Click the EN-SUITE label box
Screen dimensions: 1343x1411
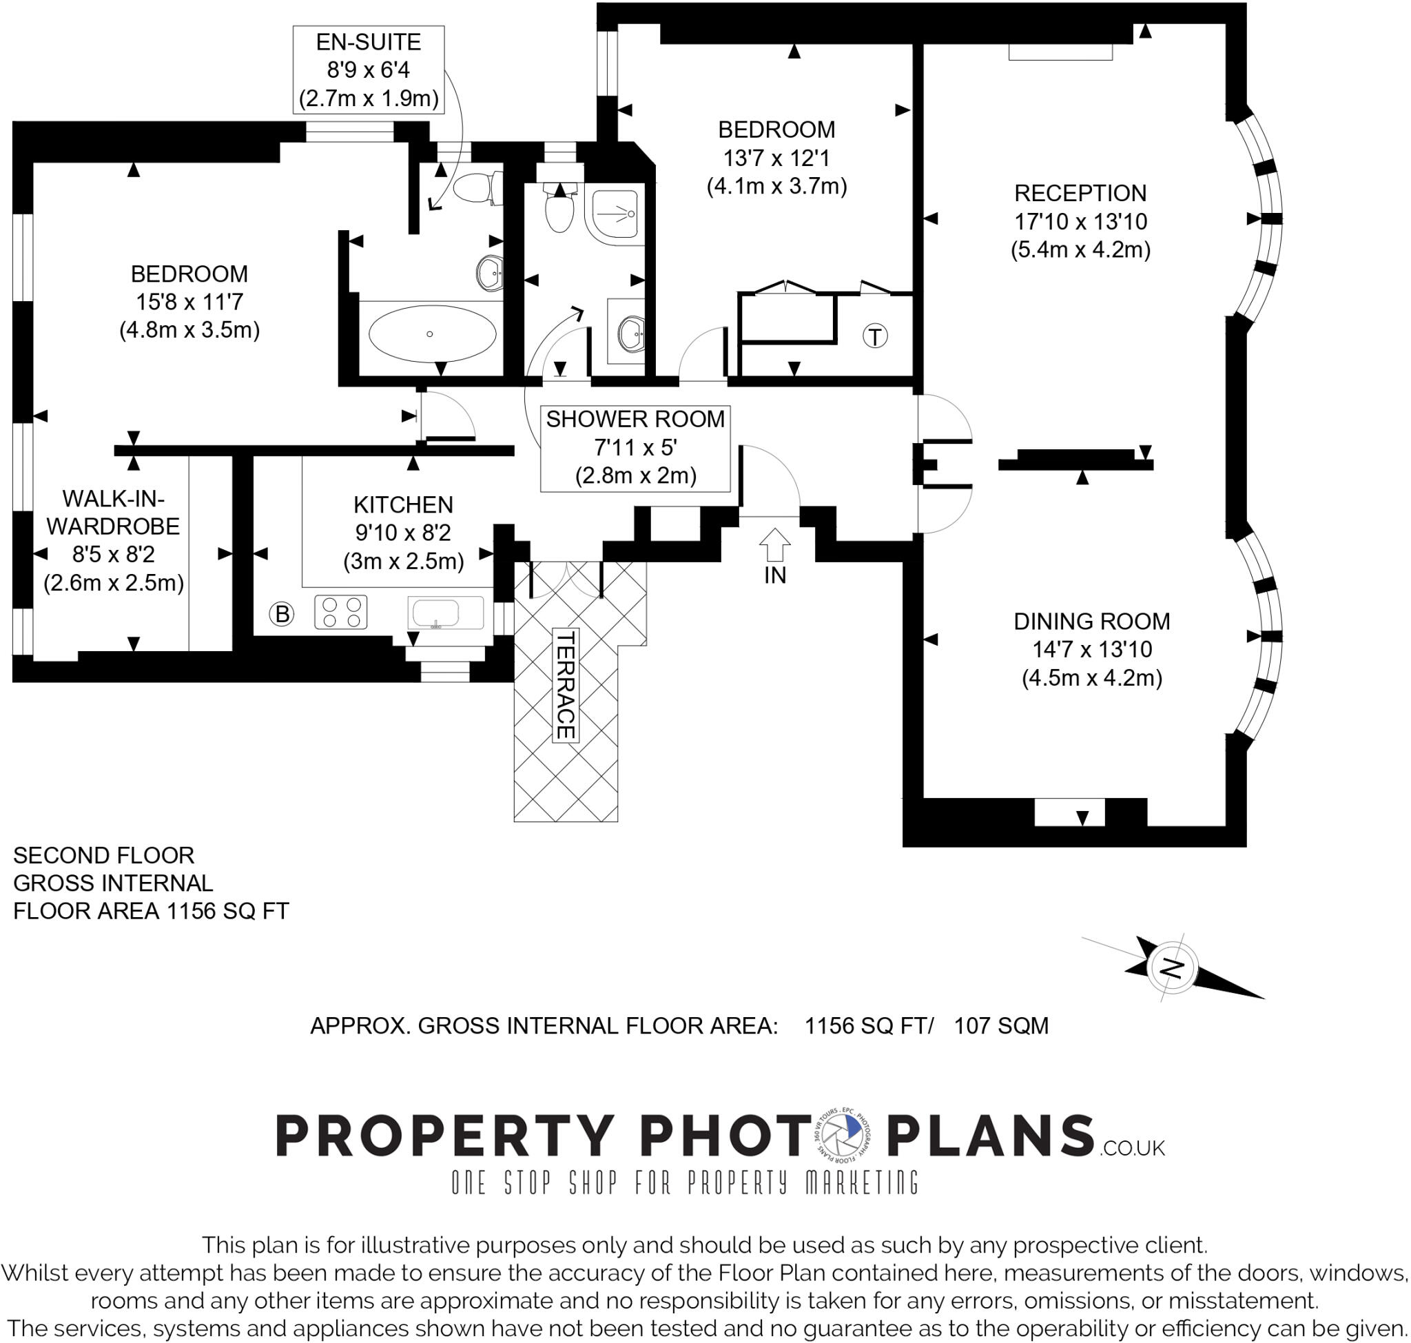tap(368, 70)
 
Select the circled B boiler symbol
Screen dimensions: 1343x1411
tap(282, 614)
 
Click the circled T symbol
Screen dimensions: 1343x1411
tap(875, 336)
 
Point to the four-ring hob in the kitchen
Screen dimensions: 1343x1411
tap(341, 612)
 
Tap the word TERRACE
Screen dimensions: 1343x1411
tap(566, 685)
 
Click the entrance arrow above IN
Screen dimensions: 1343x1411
tap(774, 544)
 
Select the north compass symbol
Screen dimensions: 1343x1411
tap(1172, 969)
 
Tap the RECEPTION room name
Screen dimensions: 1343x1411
tap(1080, 194)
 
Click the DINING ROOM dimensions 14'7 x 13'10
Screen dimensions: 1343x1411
tap(1092, 649)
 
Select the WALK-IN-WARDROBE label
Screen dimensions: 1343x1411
tap(113, 512)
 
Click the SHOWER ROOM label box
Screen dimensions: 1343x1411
tap(635, 447)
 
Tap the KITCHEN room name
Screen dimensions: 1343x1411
tap(403, 504)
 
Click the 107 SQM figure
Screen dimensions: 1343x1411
tap(1001, 1026)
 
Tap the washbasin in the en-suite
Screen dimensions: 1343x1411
tap(491, 271)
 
